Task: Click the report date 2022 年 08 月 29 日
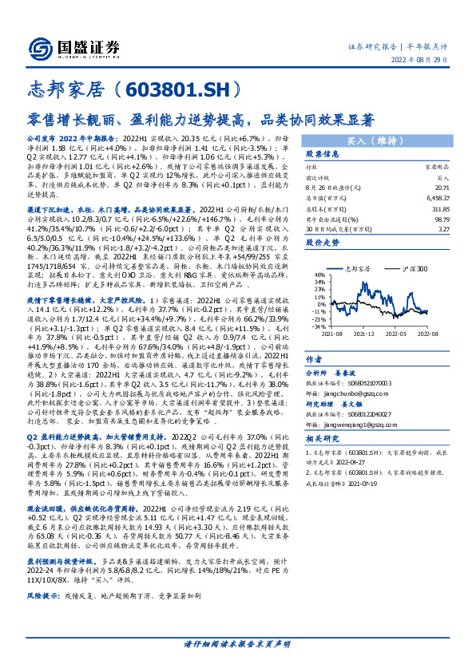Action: click(x=433, y=61)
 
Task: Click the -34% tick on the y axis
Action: click(x=318, y=326)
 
